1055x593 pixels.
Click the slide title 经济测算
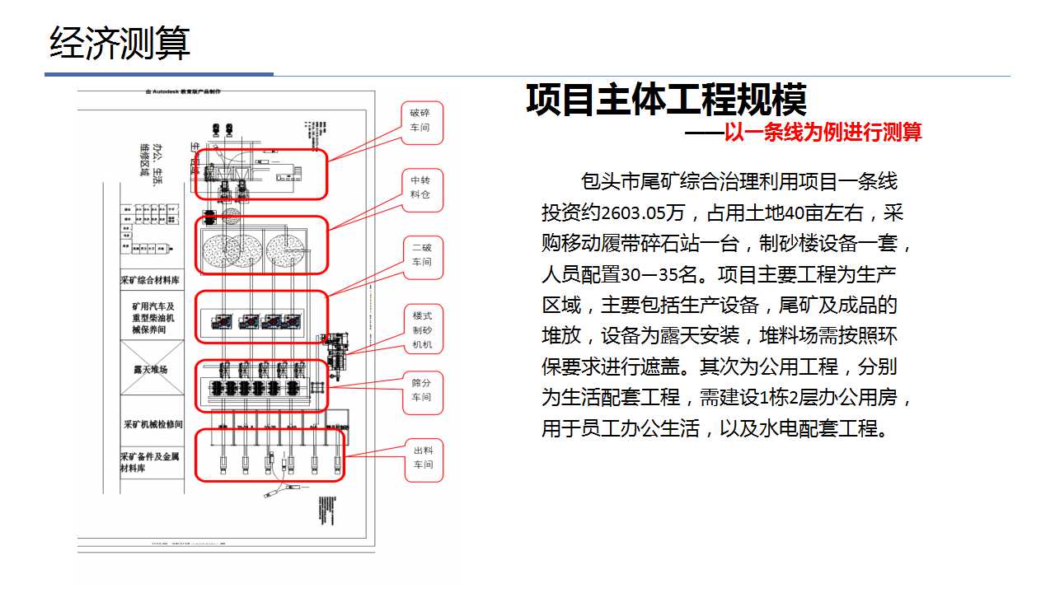[x=120, y=43]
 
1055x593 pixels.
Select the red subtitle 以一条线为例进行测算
[x=822, y=132]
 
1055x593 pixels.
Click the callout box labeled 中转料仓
[x=420, y=188]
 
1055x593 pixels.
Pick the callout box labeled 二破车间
[x=422, y=254]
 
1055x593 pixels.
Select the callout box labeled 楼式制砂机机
[x=422, y=329]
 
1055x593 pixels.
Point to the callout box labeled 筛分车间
[x=421, y=390]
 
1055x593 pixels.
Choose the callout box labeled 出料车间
[x=422, y=458]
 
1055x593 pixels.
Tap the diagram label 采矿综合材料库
[x=152, y=281]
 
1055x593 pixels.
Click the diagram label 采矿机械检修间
[x=152, y=425]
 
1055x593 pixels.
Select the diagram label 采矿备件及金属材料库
[x=150, y=462]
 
